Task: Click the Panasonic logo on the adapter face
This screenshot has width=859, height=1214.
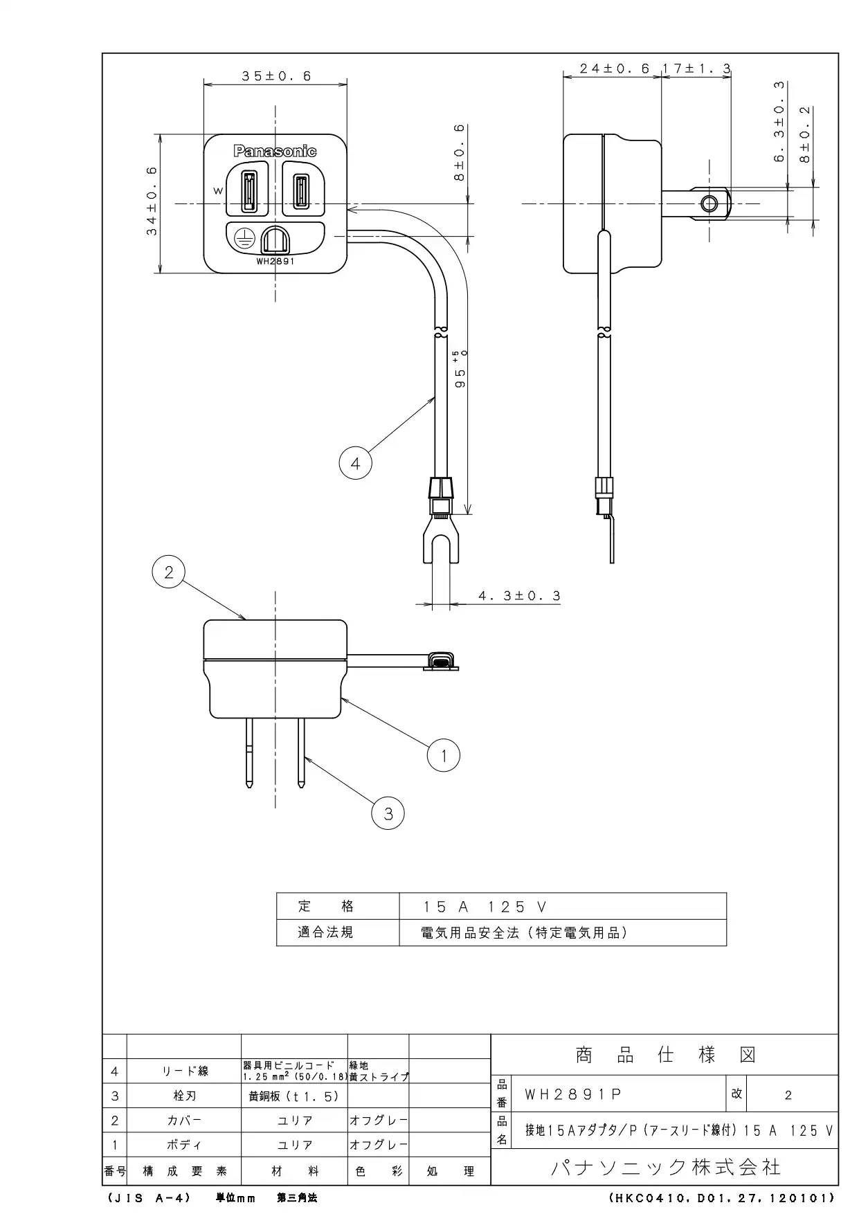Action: (x=275, y=151)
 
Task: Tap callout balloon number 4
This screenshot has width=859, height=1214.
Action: (x=355, y=463)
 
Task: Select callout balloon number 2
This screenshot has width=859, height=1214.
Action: (x=169, y=572)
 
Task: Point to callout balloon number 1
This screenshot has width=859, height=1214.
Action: (x=444, y=755)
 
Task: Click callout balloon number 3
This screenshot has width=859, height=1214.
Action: (x=388, y=814)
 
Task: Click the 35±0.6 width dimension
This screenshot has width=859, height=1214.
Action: (x=276, y=76)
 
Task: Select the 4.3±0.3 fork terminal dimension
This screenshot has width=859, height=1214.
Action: (x=519, y=595)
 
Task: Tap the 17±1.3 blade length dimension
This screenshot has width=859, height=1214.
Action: (x=697, y=69)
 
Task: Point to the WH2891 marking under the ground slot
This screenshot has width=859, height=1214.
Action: (x=275, y=262)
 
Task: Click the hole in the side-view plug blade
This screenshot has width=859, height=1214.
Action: (x=709, y=203)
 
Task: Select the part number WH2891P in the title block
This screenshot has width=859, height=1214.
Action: (x=573, y=1094)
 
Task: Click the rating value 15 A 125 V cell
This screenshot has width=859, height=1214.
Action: (x=485, y=907)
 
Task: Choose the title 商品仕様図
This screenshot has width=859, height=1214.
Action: (x=665, y=1055)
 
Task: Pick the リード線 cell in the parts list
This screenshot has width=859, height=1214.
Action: (x=185, y=1071)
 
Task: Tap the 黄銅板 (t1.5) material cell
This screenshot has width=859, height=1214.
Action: (x=294, y=1096)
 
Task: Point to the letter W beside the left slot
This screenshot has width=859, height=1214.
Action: (x=218, y=191)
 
